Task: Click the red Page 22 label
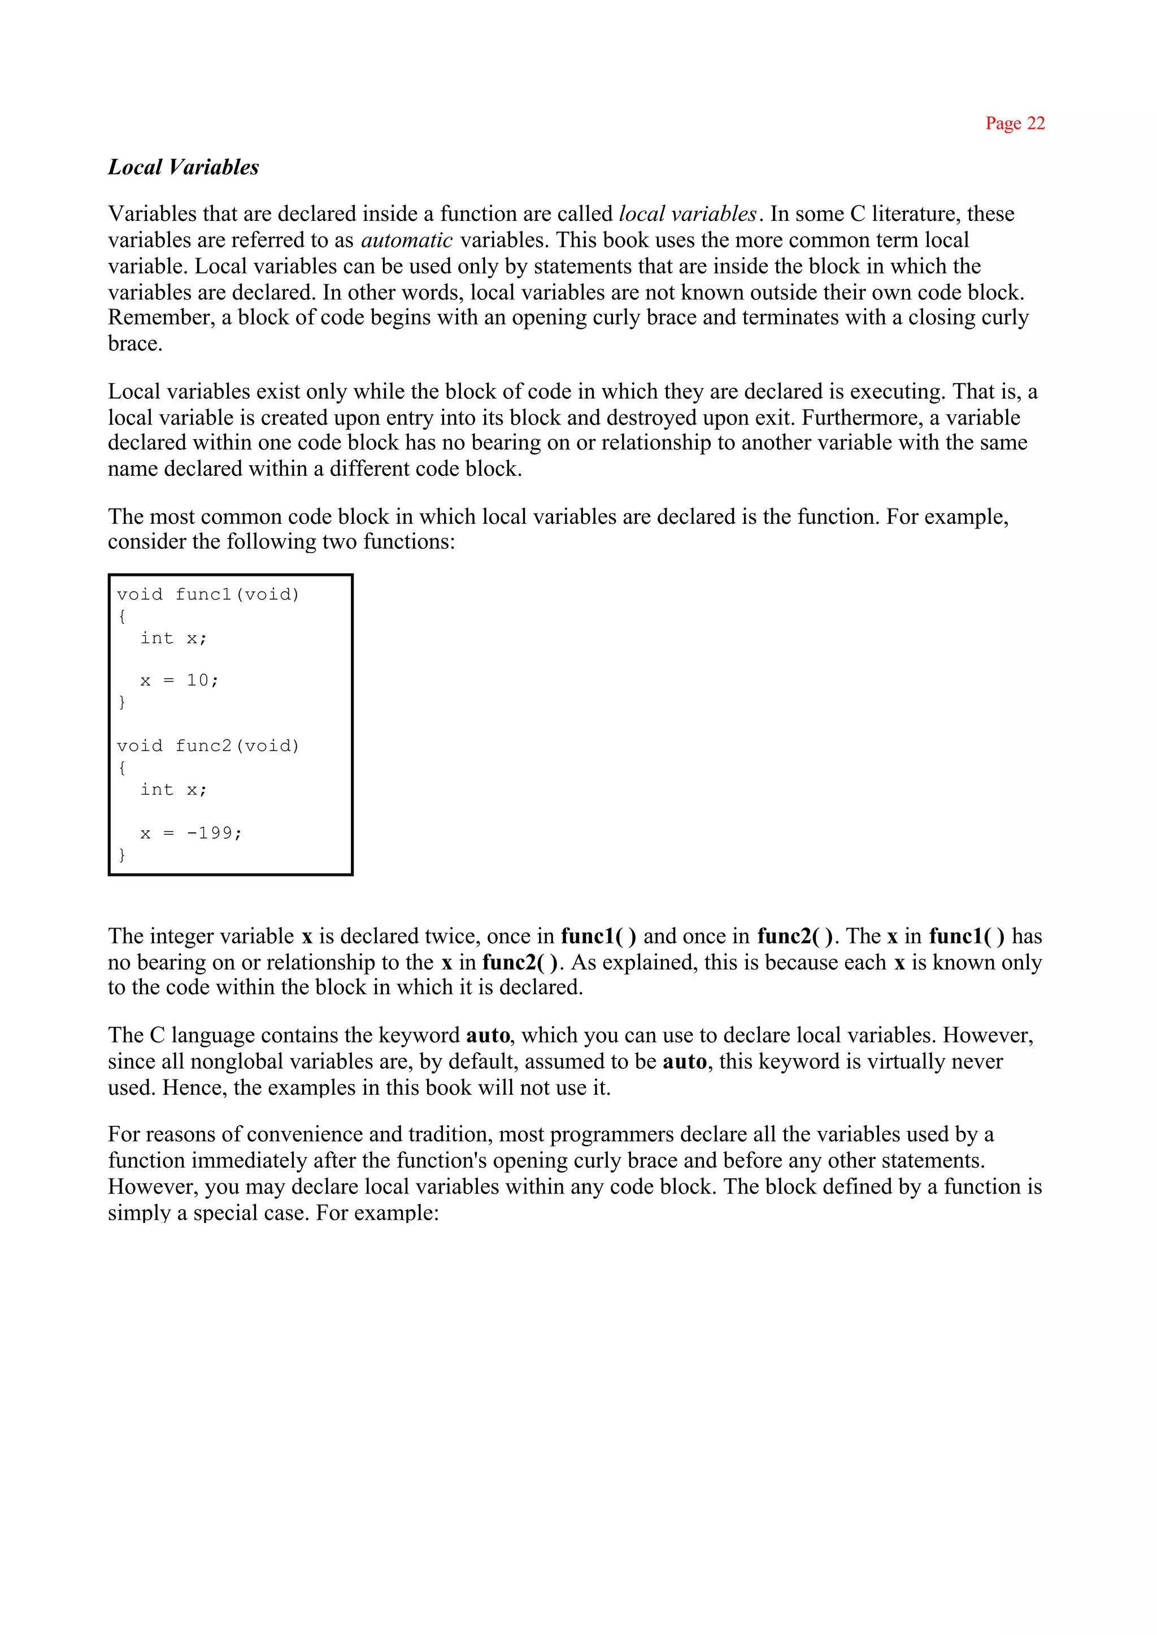(x=1015, y=123)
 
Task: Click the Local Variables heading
(x=183, y=167)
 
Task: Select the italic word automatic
(x=406, y=240)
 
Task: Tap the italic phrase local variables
(x=688, y=214)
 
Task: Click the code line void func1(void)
(x=208, y=595)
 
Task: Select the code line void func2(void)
(x=208, y=745)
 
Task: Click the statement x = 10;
(x=180, y=680)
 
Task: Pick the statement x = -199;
(x=191, y=833)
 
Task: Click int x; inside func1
(x=173, y=638)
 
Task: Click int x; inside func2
(x=173, y=790)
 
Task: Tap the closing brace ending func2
(x=122, y=854)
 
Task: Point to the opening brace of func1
(x=122, y=616)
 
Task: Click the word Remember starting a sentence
(x=160, y=318)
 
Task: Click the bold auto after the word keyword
(x=488, y=1035)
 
